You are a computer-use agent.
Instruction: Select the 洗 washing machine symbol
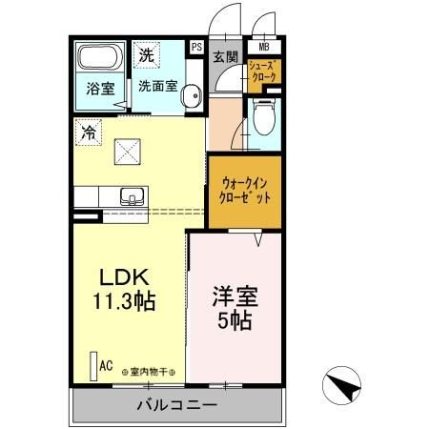pyautogui.click(x=146, y=55)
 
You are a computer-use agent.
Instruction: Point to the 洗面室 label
pyautogui.click(x=157, y=85)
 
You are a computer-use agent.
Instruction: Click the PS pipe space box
pyautogui.click(x=197, y=46)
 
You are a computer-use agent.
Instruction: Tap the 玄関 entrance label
pyautogui.click(x=225, y=56)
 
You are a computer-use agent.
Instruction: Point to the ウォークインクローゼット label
pyautogui.click(x=246, y=190)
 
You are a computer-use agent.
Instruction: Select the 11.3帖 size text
pyautogui.click(x=125, y=301)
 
